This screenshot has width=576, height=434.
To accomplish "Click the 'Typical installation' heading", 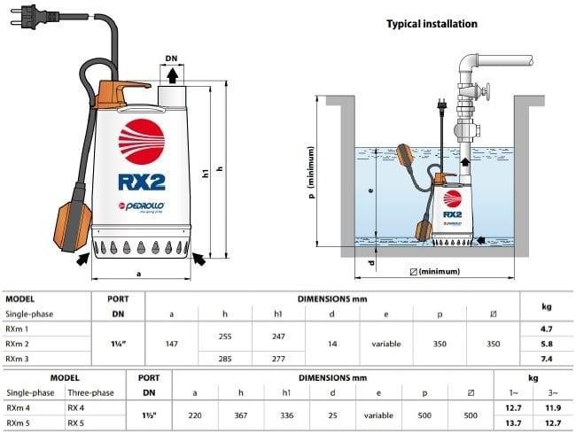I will [x=432, y=24].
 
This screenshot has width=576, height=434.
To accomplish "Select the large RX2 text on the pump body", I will [x=141, y=182].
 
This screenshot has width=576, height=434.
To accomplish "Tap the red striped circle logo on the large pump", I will [x=141, y=142].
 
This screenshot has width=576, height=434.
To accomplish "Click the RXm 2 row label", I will [x=18, y=343].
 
